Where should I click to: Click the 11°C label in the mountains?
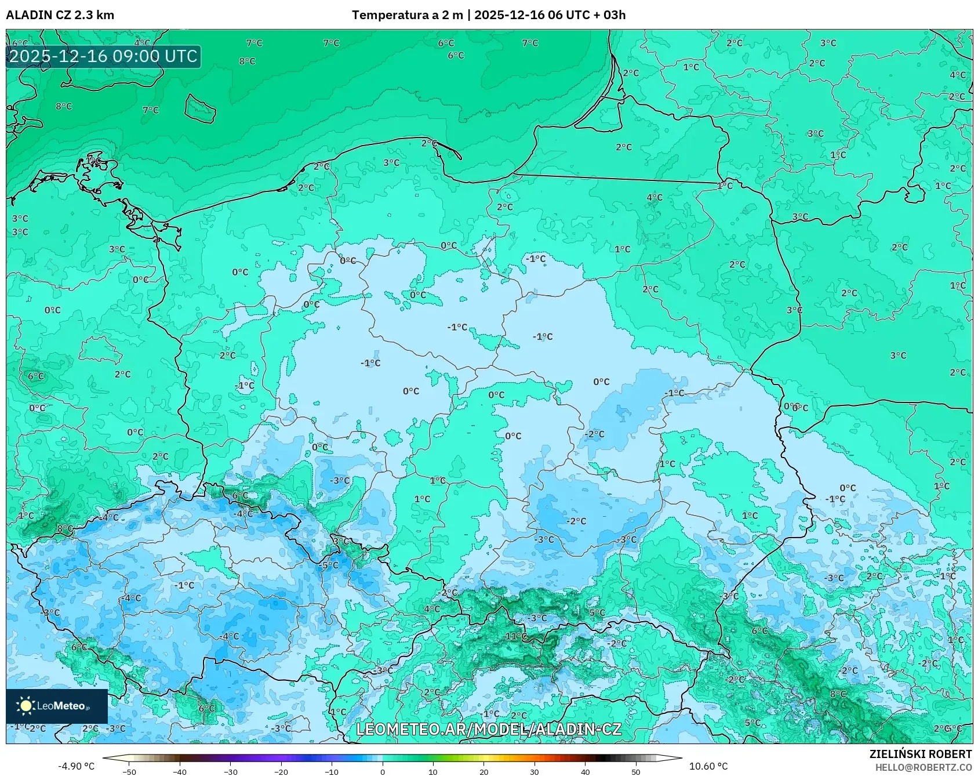point(515,636)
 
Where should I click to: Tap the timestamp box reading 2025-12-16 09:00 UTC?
point(104,56)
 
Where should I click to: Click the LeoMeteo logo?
point(57,706)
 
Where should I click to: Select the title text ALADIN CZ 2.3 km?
point(60,15)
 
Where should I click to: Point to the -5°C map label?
point(329,565)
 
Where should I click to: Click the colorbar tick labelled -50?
point(129,772)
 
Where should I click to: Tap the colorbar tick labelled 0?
point(382,772)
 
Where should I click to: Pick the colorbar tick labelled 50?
point(636,772)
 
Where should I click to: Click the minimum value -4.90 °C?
point(76,766)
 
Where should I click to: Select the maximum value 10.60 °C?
point(708,766)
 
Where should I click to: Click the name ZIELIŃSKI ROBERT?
point(920,754)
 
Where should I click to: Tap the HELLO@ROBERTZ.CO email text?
point(923,767)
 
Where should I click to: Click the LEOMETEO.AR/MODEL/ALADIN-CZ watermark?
point(488,730)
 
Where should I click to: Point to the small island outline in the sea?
point(200,109)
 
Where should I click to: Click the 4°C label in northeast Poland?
point(655,198)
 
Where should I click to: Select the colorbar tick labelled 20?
point(483,772)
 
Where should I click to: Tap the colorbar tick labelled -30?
point(231,772)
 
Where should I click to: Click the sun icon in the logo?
point(26,706)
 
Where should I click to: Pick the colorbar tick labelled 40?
point(585,772)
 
